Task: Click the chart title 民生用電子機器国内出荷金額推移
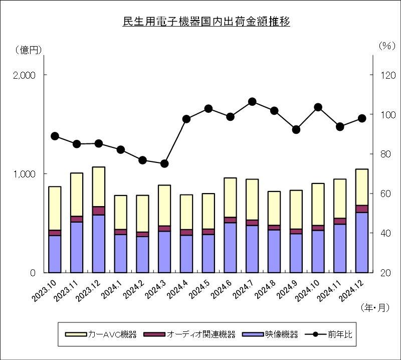(206, 22)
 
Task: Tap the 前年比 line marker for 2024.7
(252, 102)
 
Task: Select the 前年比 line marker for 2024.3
(164, 163)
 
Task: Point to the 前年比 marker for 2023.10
(55, 136)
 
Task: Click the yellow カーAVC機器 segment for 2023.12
(99, 187)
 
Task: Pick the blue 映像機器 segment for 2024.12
(362, 243)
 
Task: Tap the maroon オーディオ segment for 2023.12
(99, 211)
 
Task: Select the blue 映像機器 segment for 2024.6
(230, 248)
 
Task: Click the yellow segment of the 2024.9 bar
(296, 210)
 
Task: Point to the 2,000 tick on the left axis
(24, 75)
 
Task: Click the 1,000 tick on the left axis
(24, 174)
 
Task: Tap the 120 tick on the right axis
(388, 75)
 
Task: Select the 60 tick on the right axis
(385, 194)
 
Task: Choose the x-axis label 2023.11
(66, 291)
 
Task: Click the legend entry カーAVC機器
(101, 334)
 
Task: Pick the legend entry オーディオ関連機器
(189, 334)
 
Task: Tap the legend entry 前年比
(329, 334)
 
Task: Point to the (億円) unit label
(28, 50)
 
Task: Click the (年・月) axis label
(375, 308)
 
